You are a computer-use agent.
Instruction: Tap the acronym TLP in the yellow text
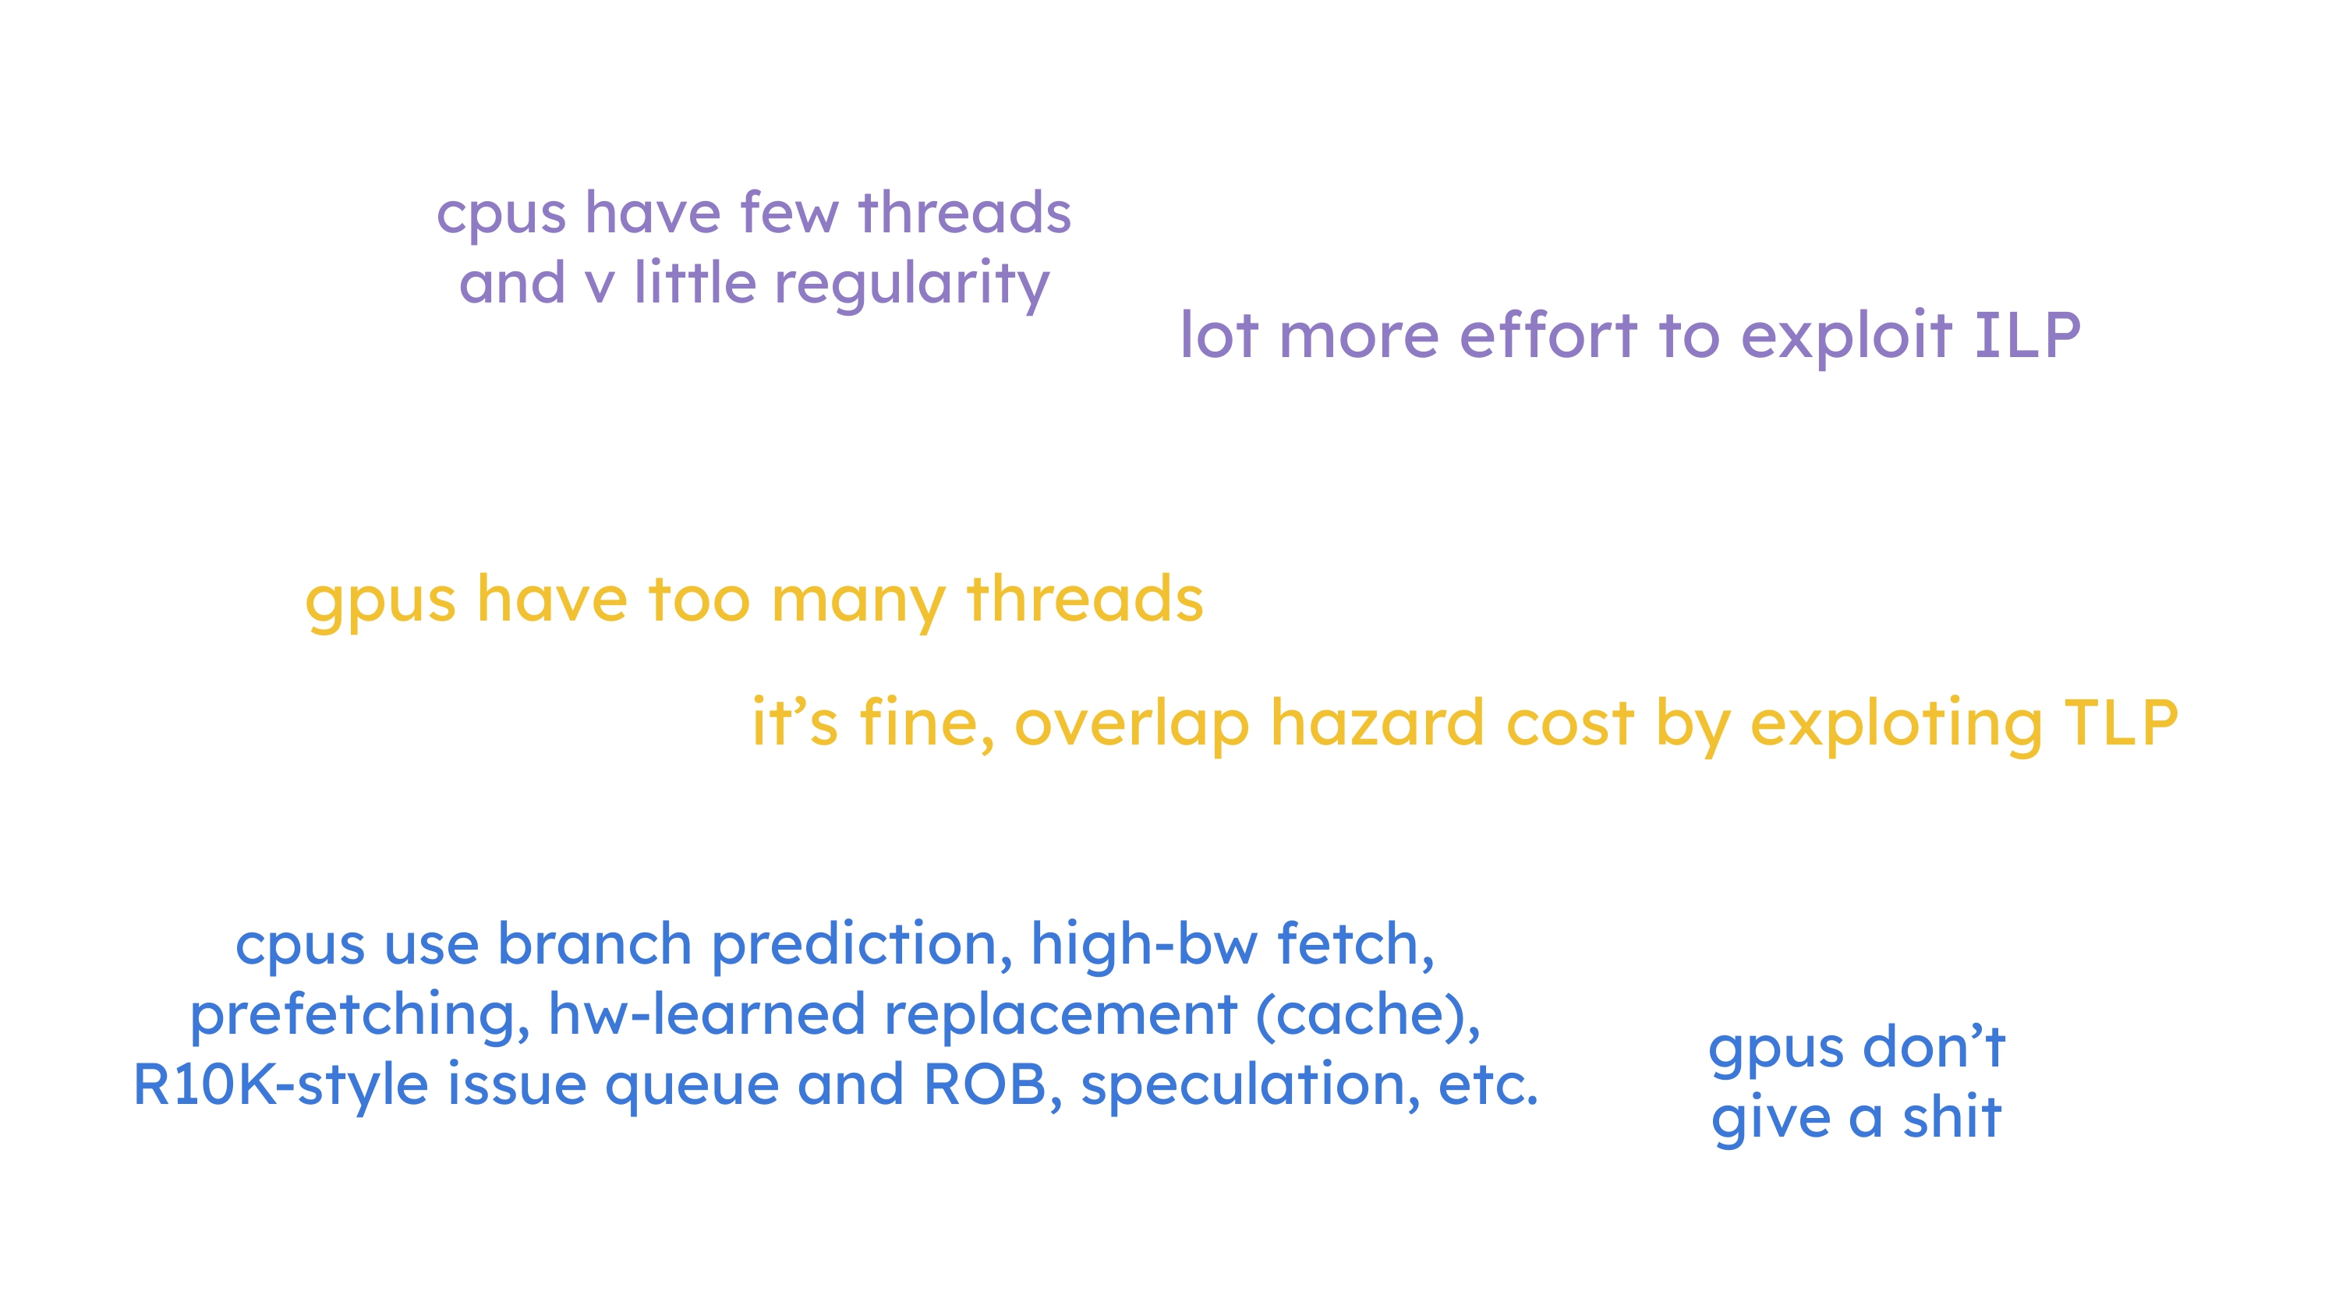click(x=2121, y=723)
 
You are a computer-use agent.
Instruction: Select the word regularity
click(x=911, y=285)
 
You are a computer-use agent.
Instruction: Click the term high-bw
click(x=1144, y=946)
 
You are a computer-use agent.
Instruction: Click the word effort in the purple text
click(x=1549, y=335)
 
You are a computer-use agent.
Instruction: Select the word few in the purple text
click(x=789, y=214)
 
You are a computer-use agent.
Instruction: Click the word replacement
click(x=1060, y=1015)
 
